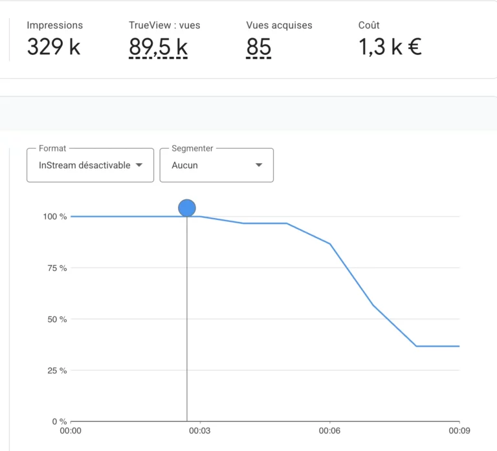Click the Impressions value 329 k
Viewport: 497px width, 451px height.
[x=54, y=47]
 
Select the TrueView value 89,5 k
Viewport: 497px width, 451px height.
[x=158, y=47]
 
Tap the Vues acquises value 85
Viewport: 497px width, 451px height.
[x=258, y=47]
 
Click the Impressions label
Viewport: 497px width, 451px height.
[x=54, y=25]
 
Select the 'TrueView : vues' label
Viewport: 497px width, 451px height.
[x=164, y=25]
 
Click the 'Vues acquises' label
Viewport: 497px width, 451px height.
[x=279, y=25]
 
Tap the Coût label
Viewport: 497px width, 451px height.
[x=369, y=25]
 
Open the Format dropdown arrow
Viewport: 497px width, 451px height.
[x=138, y=165]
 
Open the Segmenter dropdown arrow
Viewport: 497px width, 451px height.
[x=259, y=165]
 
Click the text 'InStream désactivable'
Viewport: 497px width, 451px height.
[x=84, y=165]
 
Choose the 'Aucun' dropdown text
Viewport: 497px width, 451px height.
[x=184, y=165]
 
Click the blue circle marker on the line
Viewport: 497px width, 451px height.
[x=187, y=208]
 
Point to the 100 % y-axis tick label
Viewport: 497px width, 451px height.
[x=55, y=216]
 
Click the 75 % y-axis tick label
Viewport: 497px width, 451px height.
[x=57, y=268]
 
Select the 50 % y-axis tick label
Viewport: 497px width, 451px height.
[x=57, y=319]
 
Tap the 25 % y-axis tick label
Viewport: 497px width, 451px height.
[x=57, y=371]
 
